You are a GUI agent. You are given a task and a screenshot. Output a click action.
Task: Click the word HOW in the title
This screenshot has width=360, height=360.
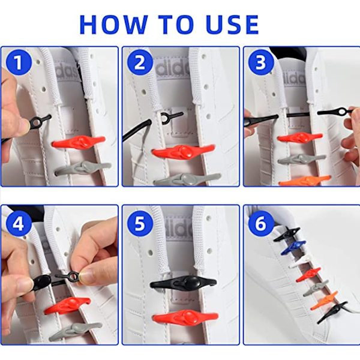click(x=113, y=25)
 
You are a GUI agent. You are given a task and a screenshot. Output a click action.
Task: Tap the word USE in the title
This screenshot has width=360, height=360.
click(x=232, y=25)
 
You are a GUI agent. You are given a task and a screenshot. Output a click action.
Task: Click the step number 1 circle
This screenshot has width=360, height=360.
click(x=19, y=62)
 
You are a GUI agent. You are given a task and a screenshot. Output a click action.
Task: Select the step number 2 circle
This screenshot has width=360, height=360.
click(x=140, y=62)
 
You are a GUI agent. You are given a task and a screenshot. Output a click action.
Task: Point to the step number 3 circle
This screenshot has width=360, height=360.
click(x=261, y=62)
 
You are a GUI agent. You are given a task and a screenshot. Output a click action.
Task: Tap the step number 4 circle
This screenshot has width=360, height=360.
click(x=19, y=223)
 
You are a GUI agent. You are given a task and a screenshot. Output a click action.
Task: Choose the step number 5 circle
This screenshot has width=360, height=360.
click(x=140, y=223)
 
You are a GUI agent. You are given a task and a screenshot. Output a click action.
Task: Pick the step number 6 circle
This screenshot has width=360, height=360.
click(x=261, y=223)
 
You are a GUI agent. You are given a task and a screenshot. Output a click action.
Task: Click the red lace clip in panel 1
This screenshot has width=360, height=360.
click(x=79, y=142)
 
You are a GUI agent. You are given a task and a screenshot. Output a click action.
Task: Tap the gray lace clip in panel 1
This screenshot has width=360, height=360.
click(x=83, y=168)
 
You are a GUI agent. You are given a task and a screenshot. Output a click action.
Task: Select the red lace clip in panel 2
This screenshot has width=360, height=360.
click(x=183, y=151)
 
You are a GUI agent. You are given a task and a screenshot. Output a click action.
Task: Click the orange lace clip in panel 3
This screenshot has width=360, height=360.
click(x=305, y=181)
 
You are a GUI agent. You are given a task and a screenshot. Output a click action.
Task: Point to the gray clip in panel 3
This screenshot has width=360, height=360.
click(x=302, y=158)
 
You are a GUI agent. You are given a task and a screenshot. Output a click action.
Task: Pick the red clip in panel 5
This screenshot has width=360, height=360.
click(x=185, y=317)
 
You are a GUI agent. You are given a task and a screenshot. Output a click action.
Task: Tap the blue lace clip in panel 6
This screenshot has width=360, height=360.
click(x=293, y=247)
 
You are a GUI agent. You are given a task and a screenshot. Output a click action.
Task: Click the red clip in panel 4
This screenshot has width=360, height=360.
click(x=67, y=305)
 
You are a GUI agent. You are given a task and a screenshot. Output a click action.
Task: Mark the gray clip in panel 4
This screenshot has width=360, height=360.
click(x=76, y=331)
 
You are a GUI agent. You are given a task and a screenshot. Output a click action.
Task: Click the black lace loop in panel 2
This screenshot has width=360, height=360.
click(x=172, y=116)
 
